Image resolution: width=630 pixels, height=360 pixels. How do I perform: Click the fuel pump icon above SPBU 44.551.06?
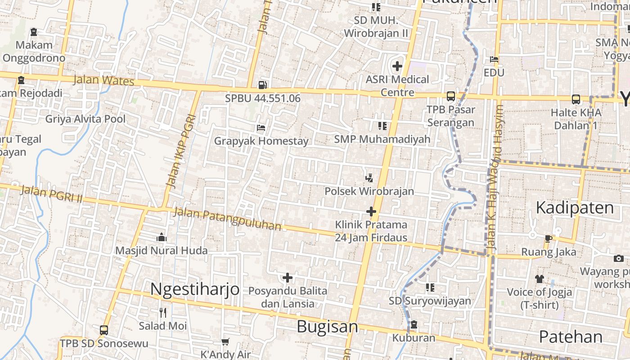point(263,84)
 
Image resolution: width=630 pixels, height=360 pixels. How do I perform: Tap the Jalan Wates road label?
point(104,81)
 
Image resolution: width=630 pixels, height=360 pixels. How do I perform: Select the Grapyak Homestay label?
point(261,141)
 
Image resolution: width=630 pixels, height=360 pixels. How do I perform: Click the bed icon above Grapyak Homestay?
point(261,128)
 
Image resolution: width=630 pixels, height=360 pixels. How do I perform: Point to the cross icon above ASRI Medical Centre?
point(397,66)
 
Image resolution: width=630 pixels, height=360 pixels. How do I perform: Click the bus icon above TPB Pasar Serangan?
point(450,96)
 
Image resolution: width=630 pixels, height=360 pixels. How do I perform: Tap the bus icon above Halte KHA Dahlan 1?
point(576,99)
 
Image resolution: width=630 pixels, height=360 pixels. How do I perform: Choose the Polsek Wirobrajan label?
point(369,191)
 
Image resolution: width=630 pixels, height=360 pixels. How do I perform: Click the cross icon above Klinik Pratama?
point(371,211)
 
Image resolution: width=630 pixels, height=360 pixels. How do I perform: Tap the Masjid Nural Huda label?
point(162,251)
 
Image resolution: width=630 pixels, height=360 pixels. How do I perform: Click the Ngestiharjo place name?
point(195,289)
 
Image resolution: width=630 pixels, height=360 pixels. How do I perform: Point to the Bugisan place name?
point(328,327)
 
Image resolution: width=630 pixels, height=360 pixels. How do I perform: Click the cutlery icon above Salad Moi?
point(163,312)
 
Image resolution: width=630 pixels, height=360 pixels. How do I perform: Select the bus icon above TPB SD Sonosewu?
point(104,330)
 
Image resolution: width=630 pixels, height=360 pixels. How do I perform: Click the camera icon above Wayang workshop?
point(619,258)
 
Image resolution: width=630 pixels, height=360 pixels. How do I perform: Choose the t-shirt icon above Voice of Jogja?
point(540,279)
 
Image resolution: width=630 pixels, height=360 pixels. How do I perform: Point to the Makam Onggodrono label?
point(34,51)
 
